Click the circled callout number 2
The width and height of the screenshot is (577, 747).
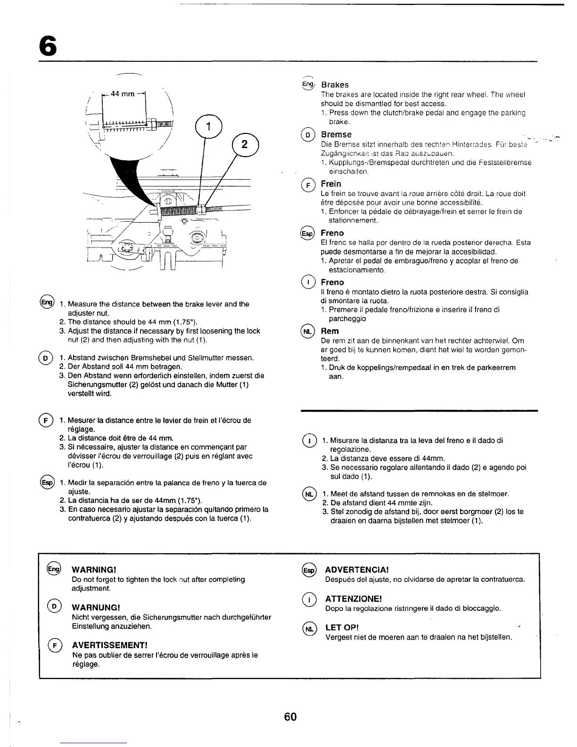click(245, 145)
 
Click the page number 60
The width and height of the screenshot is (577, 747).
click(290, 717)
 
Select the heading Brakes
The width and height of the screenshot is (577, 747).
click(335, 85)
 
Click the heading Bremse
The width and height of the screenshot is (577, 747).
click(336, 134)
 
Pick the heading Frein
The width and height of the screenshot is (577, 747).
click(331, 183)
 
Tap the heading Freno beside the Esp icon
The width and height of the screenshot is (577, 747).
click(332, 233)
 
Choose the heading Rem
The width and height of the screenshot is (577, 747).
click(330, 331)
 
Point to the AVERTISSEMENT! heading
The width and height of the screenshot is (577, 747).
click(110, 645)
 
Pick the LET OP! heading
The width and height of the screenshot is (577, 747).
click(342, 628)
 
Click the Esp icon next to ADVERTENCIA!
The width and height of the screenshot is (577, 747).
click(308, 570)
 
